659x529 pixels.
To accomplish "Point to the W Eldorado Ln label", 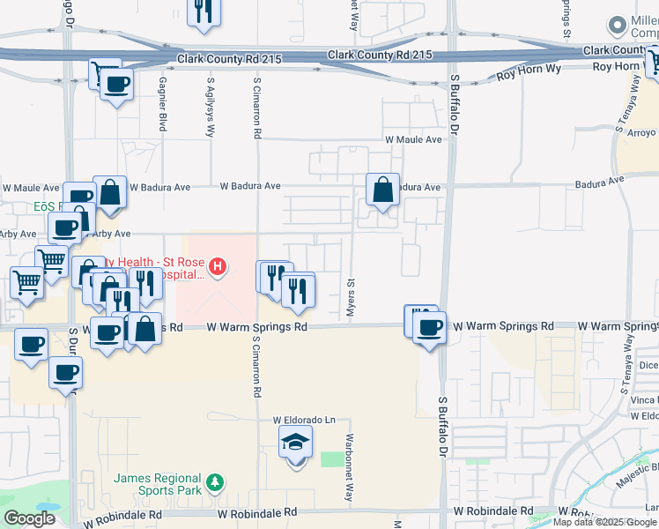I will (x=304, y=420).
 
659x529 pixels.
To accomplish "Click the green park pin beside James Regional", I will (x=214, y=482).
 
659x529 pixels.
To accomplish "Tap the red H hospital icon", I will (x=217, y=265).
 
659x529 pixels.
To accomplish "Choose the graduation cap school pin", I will (x=295, y=443).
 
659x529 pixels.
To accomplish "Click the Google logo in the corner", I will (x=29, y=518).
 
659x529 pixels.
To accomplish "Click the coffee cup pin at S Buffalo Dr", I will (x=429, y=328).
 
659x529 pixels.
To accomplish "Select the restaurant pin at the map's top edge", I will (x=204, y=12).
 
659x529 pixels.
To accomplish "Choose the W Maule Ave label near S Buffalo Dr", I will (x=412, y=139).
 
